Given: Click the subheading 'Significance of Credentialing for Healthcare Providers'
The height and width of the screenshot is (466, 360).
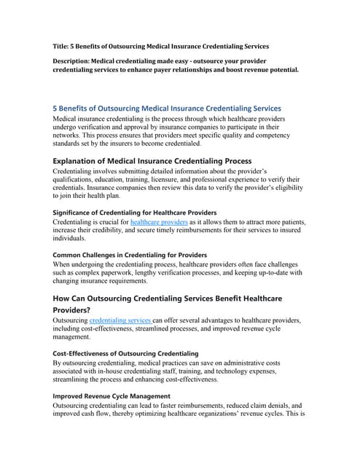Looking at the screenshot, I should click(x=135, y=212).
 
